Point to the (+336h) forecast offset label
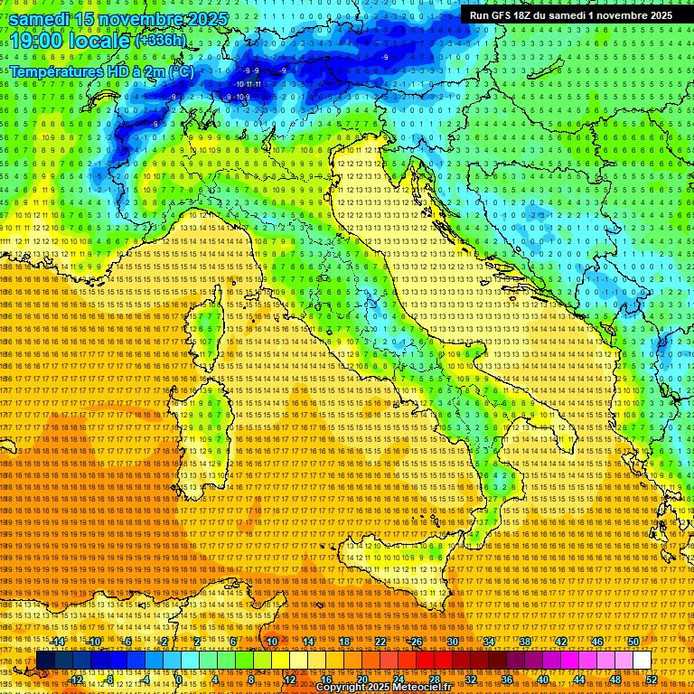click(160, 40)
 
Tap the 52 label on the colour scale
click(651, 680)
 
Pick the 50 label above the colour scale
click(633, 642)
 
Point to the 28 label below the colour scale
click(434, 680)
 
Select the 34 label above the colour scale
click(488, 642)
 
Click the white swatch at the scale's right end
click(642, 661)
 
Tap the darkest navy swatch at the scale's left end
click(45, 661)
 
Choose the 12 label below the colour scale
click(289, 680)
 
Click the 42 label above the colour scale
click(560, 642)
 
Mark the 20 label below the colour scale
click(361, 680)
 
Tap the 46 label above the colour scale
click(596, 642)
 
